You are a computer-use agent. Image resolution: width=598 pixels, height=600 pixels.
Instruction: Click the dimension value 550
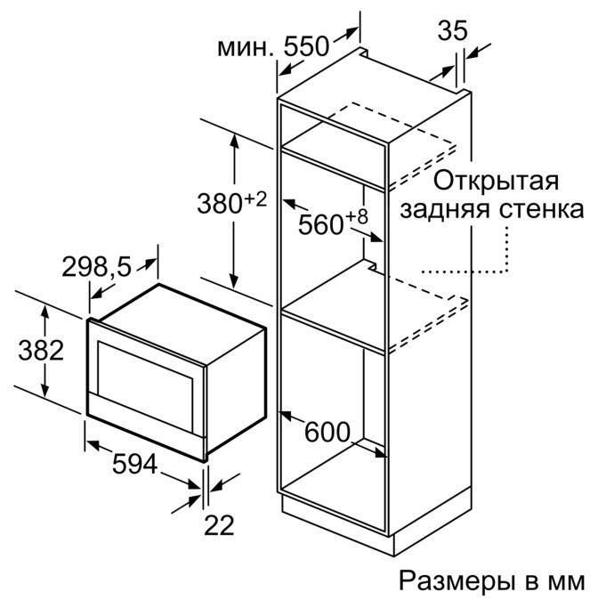(306, 46)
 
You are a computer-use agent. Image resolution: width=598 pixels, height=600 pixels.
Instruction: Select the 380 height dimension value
(220, 203)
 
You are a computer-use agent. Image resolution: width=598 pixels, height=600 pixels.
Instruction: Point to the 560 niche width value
(320, 224)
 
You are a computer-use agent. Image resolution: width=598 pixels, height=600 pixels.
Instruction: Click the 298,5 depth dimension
(96, 267)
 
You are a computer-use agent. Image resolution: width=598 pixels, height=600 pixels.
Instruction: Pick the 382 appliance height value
(41, 350)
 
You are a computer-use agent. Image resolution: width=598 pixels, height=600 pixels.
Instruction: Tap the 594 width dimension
(134, 464)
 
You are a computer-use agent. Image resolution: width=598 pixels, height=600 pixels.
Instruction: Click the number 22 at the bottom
(219, 525)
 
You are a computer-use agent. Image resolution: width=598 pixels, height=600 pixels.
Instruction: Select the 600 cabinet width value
(327, 432)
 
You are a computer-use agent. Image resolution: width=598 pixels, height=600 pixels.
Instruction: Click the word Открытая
(496, 181)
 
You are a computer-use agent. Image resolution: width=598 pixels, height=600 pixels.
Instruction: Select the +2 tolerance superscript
(255, 199)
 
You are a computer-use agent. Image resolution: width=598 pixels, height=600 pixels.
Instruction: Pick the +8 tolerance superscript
(357, 217)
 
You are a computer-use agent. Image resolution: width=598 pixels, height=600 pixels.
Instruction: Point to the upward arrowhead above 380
(234, 141)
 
